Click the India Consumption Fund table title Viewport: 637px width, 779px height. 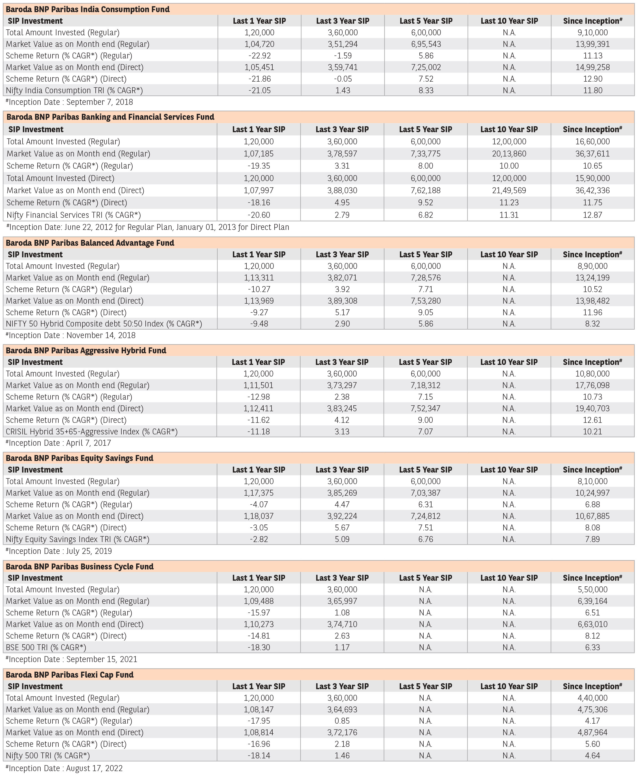pos(88,9)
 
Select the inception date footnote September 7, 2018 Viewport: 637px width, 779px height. pos(69,102)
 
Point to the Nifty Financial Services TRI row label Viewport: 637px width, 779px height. pos(73,215)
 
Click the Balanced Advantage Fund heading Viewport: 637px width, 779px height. pos(90,243)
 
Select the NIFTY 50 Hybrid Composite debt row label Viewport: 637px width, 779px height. pos(104,324)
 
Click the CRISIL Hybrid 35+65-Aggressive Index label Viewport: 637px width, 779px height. pos(91,432)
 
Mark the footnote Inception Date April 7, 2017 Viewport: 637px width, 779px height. pos(58,443)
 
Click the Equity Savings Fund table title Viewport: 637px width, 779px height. pos(80,458)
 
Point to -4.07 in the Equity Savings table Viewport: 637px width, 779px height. pos(259,504)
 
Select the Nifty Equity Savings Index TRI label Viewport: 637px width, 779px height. pos(77,539)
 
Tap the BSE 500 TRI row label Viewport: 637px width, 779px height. pos(46,647)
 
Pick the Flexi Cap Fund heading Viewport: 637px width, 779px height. pos(70,675)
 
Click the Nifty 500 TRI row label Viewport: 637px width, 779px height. pos(48,756)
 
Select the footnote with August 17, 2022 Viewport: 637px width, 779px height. pos(64,768)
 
